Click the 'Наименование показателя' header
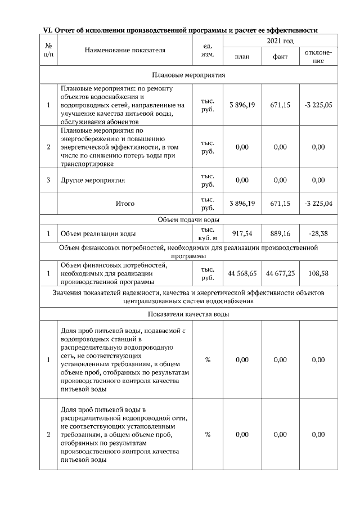coord(125,50)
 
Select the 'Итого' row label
coord(125,204)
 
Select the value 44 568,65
coord(242,273)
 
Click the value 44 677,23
coord(280,273)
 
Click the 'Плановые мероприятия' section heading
coord(188,74)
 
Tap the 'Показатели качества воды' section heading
coord(188,314)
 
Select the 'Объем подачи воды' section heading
coord(188,219)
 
